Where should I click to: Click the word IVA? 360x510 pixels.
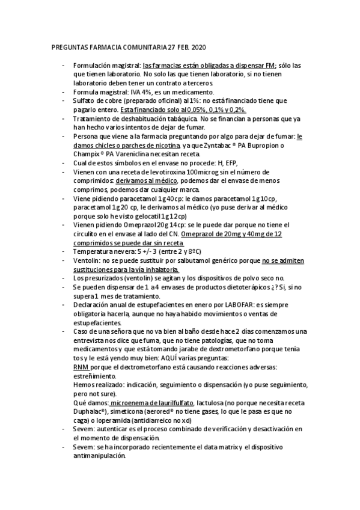tap(136, 92)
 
